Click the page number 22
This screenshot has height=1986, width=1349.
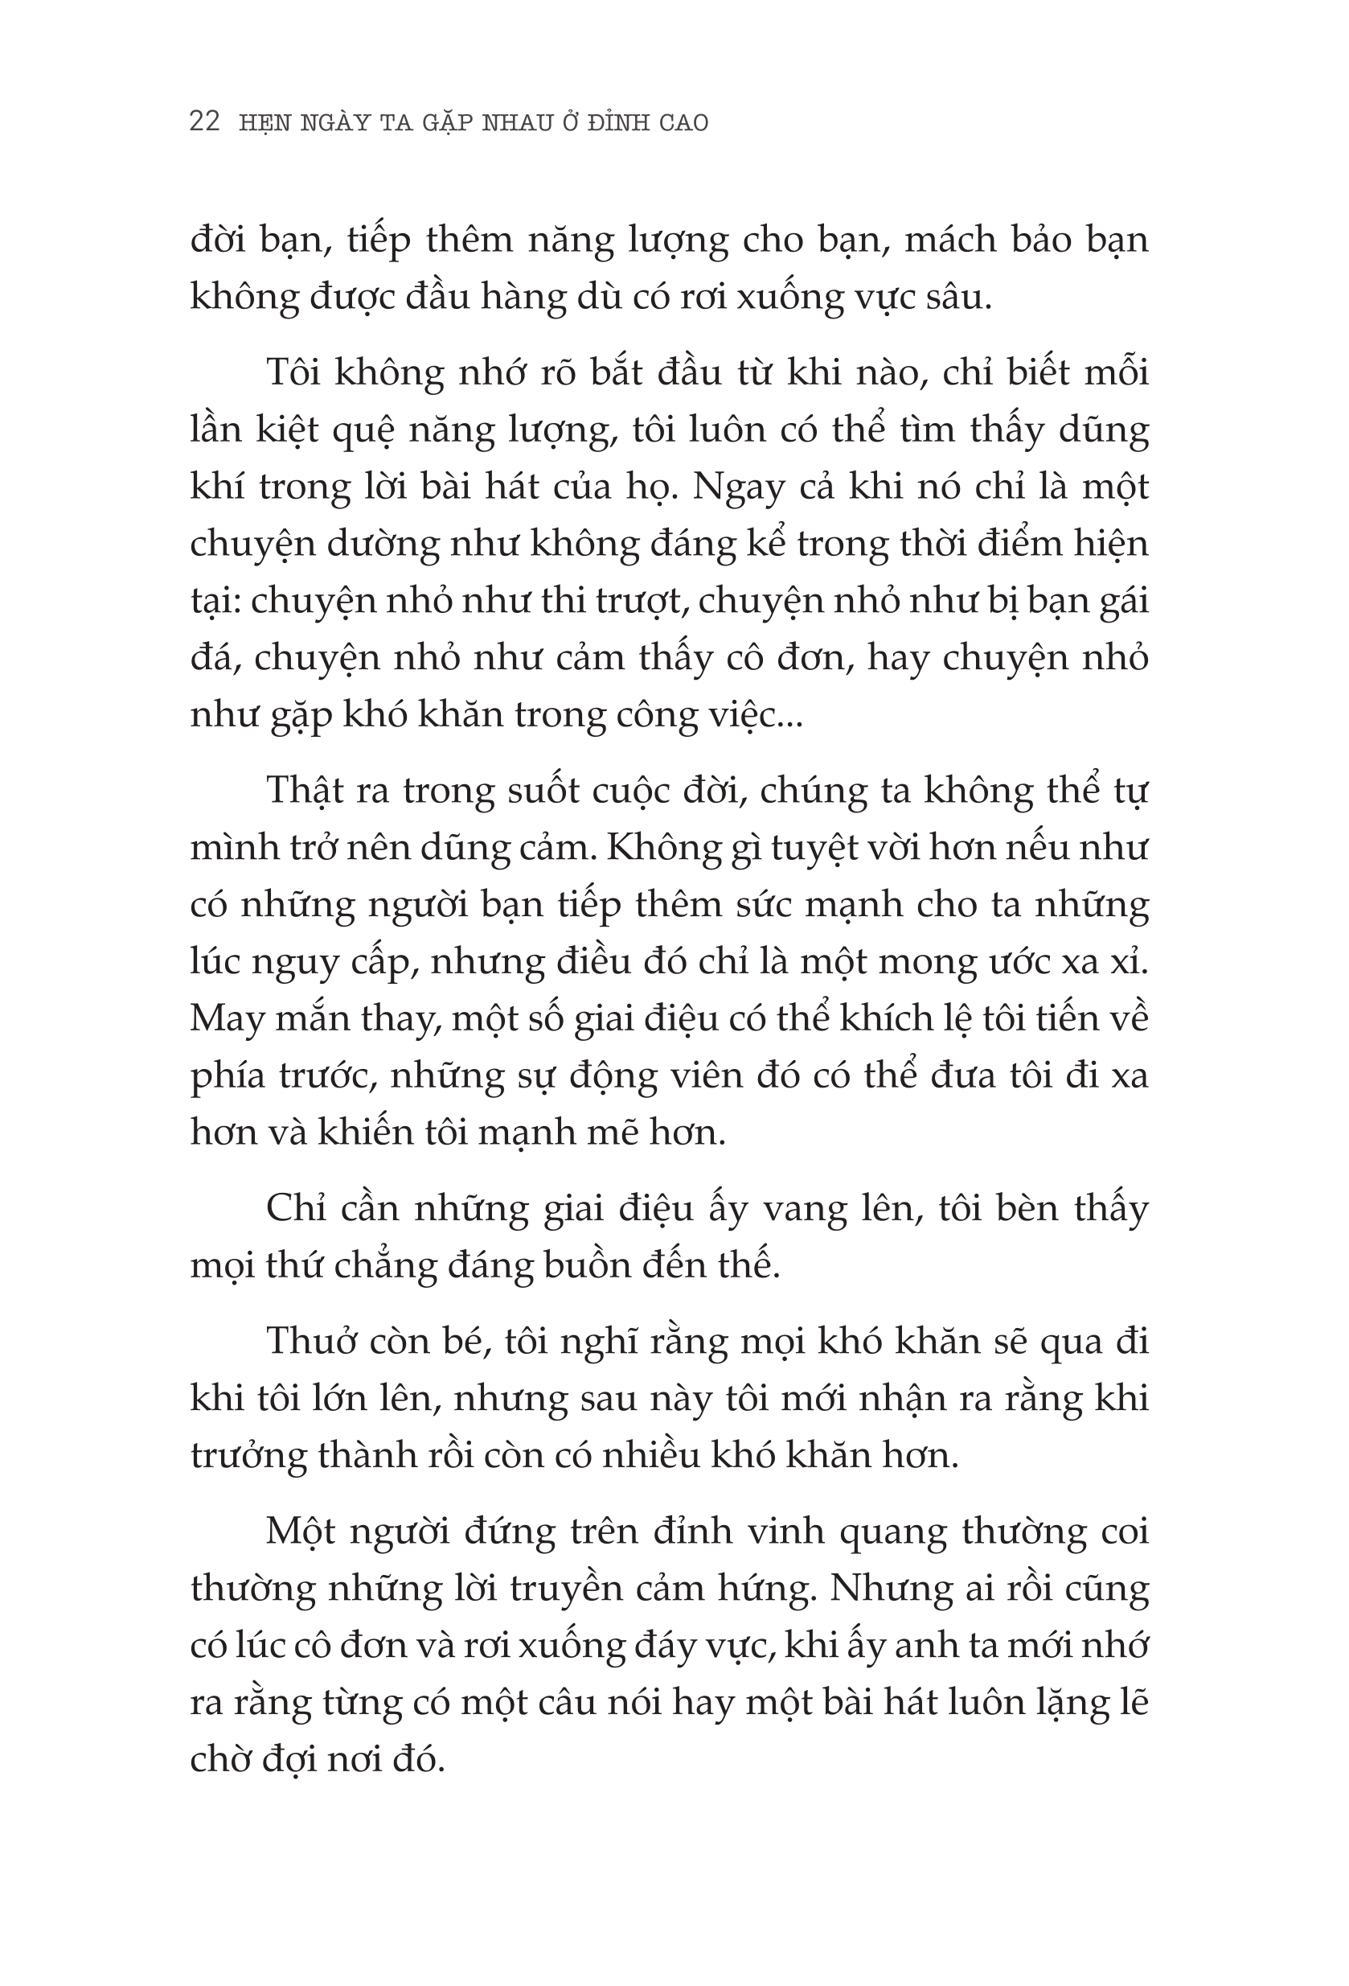point(205,122)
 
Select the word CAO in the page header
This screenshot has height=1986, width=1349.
point(683,124)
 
